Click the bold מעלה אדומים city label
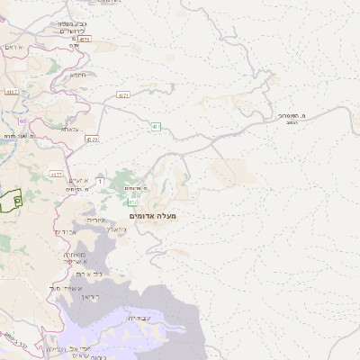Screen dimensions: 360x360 (153, 216)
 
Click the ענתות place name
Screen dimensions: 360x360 (70, 130)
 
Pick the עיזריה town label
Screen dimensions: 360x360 (96, 220)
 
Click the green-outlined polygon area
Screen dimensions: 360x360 (10, 200)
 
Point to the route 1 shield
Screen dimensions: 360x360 (100, 182)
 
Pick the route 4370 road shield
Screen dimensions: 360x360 (93, 140)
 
